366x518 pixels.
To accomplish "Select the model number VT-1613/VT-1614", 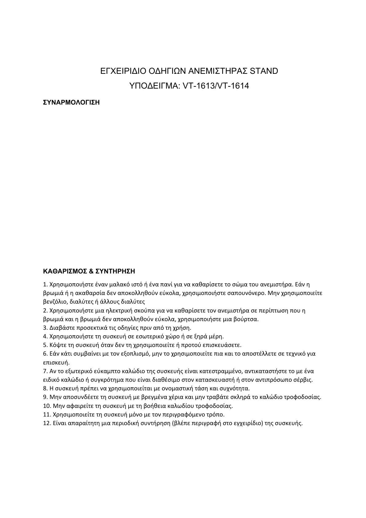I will (x=216, y=86).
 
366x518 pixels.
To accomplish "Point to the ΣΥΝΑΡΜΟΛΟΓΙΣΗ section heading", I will (x=71, y=102).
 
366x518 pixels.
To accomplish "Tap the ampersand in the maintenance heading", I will (x=91, y=271).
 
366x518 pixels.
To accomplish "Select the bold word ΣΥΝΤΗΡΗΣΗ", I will (x=115, y=271).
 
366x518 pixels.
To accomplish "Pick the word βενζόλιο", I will (x=56, y=301).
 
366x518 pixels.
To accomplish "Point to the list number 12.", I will (x=47, y=423).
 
